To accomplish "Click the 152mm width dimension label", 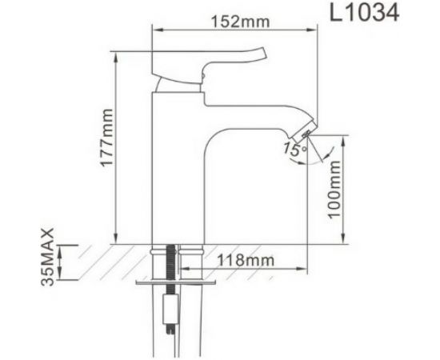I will pos(237,21).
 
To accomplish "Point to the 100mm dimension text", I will pos(333,191).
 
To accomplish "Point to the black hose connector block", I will pos(168,307).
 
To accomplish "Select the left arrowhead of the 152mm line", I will pos(155,32).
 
